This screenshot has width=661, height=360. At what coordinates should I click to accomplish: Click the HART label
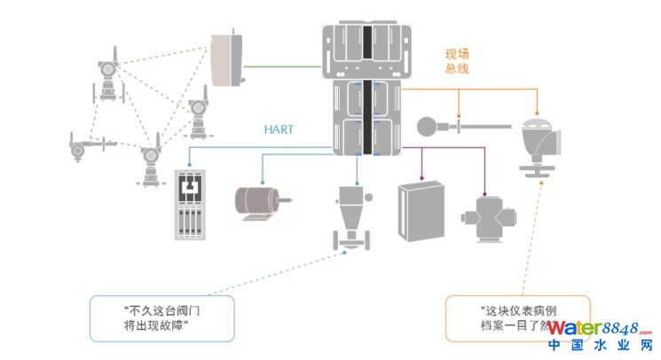(x=279, y=129)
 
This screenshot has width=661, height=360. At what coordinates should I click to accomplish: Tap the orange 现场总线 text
(x=457, y=59)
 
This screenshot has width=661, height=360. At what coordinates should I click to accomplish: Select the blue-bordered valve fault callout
(x=161, y=318)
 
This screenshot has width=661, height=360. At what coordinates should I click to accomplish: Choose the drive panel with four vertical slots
(x=192, y=204)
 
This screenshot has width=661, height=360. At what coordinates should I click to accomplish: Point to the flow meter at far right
(x=539, y=142)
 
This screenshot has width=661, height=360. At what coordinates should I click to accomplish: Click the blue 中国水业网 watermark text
(x=600, y=347)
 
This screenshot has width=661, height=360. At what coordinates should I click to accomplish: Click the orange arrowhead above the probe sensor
(x=459, y=115)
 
